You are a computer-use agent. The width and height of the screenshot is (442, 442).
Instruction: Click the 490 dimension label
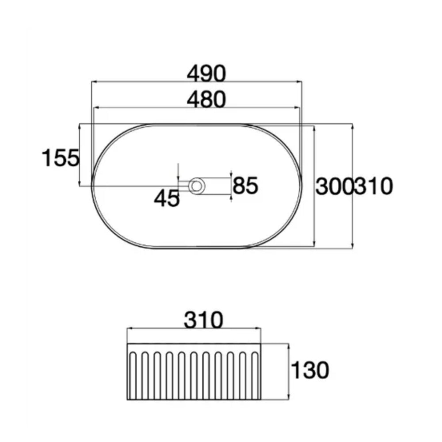206,73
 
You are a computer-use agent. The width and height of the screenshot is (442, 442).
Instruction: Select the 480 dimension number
206,99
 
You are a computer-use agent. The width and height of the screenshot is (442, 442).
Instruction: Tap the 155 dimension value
61,158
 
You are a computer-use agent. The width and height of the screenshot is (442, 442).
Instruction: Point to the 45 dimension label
167,198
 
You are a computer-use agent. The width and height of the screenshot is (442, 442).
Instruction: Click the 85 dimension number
245,186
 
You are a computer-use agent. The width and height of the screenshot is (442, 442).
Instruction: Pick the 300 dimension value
334,187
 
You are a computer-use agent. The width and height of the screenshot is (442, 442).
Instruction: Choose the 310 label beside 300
373,187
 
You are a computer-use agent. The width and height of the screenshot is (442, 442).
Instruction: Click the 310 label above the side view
203,320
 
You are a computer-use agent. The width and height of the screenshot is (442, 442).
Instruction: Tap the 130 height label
309,370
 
